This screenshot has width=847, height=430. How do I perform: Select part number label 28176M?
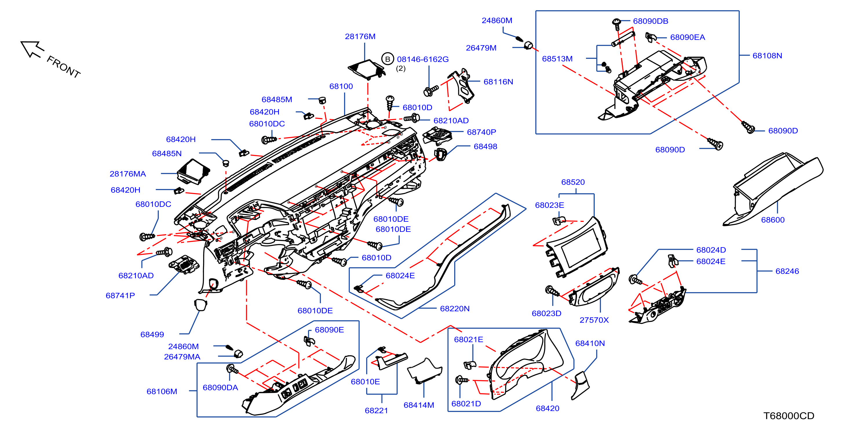360,37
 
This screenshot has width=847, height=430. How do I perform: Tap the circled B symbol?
388,59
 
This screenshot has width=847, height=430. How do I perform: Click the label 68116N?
498,82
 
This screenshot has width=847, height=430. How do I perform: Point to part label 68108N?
767,56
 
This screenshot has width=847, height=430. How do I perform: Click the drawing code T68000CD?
788,416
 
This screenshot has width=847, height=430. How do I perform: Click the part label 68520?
573,182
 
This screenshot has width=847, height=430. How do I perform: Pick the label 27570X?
594,320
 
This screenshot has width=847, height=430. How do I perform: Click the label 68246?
787,271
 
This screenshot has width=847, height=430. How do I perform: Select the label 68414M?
419,405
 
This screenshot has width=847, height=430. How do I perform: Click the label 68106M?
161,391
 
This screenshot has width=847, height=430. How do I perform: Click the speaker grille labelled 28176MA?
193,171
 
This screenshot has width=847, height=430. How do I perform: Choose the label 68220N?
454,309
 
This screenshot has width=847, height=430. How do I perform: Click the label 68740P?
481,132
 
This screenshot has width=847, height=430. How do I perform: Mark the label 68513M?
557,59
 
